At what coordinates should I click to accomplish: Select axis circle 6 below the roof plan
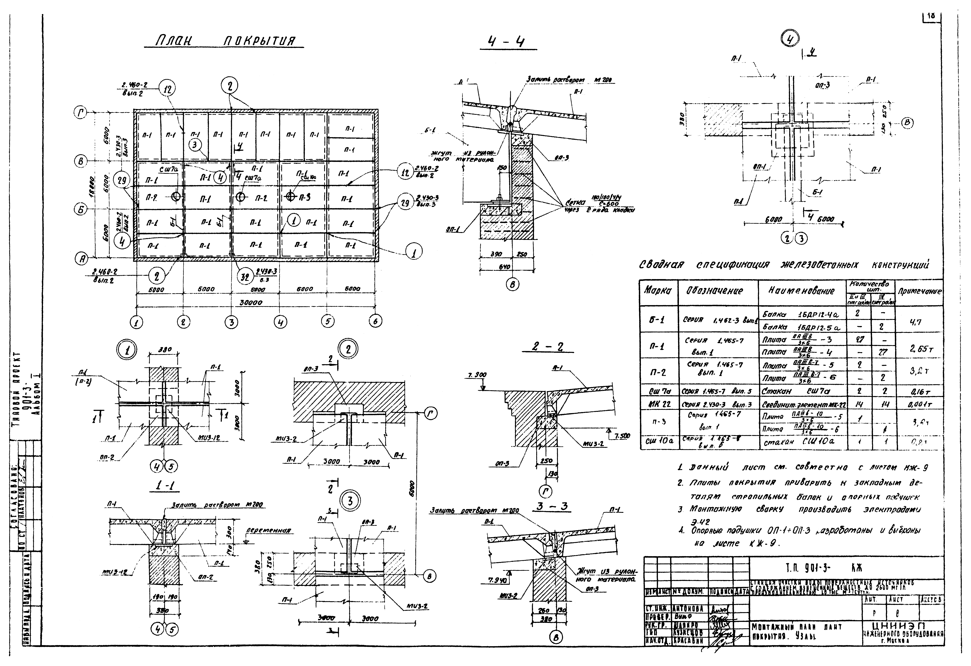(375, 321)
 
